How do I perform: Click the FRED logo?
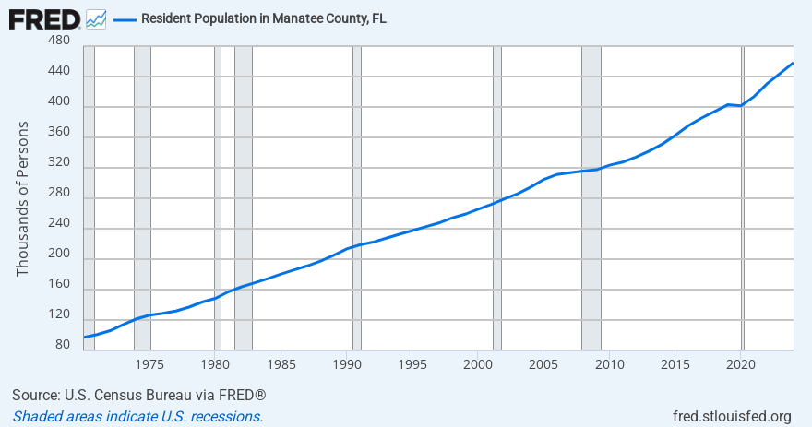(43, 18)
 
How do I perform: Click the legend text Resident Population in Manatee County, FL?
(263, 18)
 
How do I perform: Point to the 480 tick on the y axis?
(58, 42)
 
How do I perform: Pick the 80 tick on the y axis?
(62, 345)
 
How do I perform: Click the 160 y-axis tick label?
(58, 284)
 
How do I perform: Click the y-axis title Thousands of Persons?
(23, 197)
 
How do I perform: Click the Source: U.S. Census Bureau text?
(139, 396)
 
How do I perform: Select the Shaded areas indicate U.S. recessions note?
(137, 416)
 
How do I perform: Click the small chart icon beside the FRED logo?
(96, 18)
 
